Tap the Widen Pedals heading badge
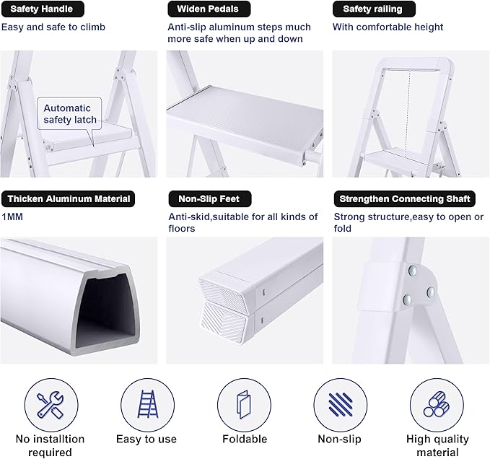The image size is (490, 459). [x=204, y=9]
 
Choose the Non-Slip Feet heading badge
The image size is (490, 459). [x=204, y=198]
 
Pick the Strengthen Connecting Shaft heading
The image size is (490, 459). [x=405, y=198]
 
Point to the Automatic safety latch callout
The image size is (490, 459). [x=69, y=114]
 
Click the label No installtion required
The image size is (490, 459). [x=50, y=445]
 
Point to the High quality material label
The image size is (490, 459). [x=437, y=445]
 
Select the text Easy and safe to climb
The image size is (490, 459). [x=53, y=27]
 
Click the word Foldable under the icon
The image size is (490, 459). [x=243, y=439]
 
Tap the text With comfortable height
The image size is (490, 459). [x=388, y=27]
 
